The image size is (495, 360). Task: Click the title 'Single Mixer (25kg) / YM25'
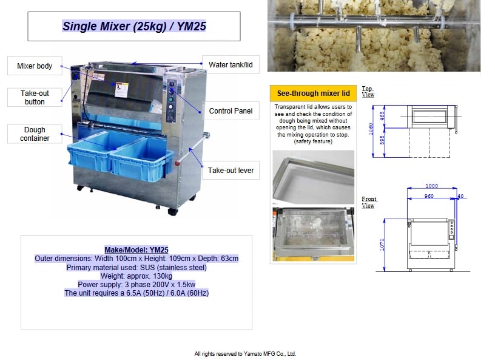(134, 27)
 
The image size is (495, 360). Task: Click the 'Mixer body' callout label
(35, 66)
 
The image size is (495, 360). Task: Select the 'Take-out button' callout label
(35, 98)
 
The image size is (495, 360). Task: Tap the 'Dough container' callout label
(35, 134)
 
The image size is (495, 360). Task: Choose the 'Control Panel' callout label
(230, 111)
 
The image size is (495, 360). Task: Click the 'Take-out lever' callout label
(231, 171)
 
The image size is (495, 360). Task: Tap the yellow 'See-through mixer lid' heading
(313, 93)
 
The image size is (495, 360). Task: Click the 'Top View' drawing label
(368, 92)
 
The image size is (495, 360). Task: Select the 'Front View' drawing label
(369, 202)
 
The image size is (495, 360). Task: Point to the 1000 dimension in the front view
(431, 186)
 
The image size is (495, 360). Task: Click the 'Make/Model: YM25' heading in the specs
(136, 250)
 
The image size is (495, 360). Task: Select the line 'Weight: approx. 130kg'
(136, 276)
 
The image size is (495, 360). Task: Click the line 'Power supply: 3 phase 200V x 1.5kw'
(136, 285)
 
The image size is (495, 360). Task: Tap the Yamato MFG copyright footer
(245, 353)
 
